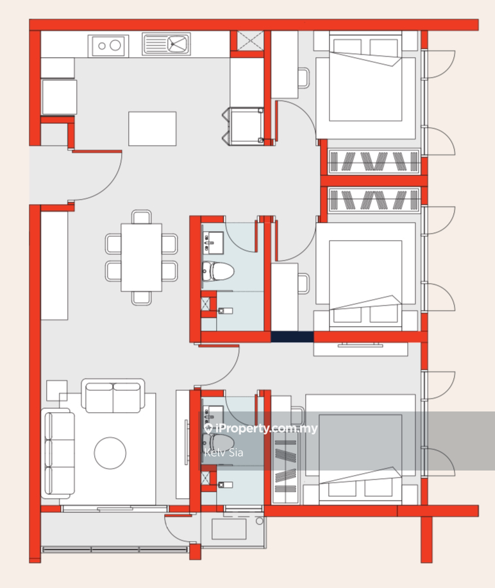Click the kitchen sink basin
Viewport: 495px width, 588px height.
coord(177,44)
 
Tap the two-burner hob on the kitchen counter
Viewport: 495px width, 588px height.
coord(108,46)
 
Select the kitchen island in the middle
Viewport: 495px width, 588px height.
coord(153,128)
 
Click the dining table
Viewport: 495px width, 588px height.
coord(142,257)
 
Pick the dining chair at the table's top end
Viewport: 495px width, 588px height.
coord(142,217)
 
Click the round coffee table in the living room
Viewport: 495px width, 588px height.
coord(110,453)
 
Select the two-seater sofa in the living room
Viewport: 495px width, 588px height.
coord(113,395)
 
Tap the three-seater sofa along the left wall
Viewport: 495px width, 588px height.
coord(58,453)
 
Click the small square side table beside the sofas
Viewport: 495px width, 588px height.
coord(57,390)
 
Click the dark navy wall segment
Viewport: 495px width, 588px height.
coord(292,337)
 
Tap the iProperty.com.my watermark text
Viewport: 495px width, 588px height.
coord(261,428)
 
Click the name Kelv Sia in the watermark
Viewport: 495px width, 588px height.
coord(224,453)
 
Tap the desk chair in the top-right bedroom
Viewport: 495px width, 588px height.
coord(304,78)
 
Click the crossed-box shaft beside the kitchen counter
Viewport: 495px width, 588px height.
coord(251,40)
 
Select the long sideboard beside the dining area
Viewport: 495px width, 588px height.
coord(55,266)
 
